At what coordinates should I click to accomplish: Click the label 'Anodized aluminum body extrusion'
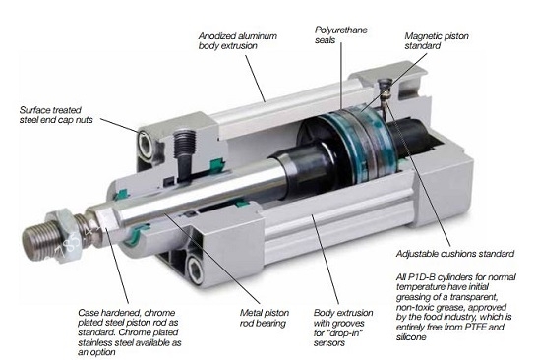click(237, 41)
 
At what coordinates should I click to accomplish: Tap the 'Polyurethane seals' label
click(341, 34)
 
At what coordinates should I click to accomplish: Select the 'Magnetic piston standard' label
click(437, 41)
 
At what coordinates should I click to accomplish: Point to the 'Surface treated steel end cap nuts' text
click(56, 115)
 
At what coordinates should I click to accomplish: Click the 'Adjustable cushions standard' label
click(455, 254)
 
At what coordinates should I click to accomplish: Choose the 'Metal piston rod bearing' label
click(265, 318)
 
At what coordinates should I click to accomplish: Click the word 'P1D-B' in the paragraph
click(421, 276)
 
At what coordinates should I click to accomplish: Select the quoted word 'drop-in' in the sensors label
click(344, 333)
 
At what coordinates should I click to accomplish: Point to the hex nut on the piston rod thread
click(65, 235)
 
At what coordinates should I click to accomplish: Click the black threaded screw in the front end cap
click(184, 153)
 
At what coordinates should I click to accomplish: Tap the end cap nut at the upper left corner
click(146, 145)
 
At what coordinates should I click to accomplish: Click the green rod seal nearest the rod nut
click(136, 234)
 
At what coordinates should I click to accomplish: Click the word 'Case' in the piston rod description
click(88, 313)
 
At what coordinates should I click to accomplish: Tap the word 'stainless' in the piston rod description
click(96, 342)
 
